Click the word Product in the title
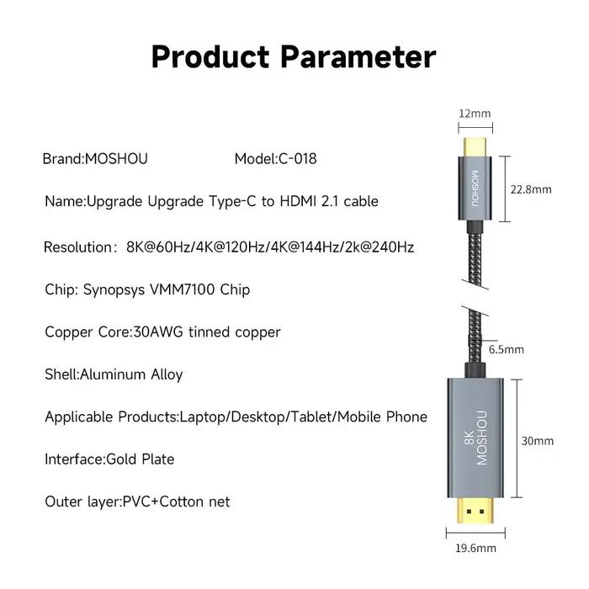(210, 56)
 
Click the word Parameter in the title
(358, 56)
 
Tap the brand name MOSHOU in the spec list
(116, 159)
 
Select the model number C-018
(298, 159)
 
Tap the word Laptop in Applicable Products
(204, 417)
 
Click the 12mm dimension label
(475, 114)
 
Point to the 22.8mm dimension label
(531, 189)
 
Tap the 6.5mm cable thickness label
(506, 350)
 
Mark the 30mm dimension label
(537, 441)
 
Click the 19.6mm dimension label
(475, 548)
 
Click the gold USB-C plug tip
(475, 147)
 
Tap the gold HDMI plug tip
(475, 510)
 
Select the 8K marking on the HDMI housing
(470, 437)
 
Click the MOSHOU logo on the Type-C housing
(475, 188)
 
